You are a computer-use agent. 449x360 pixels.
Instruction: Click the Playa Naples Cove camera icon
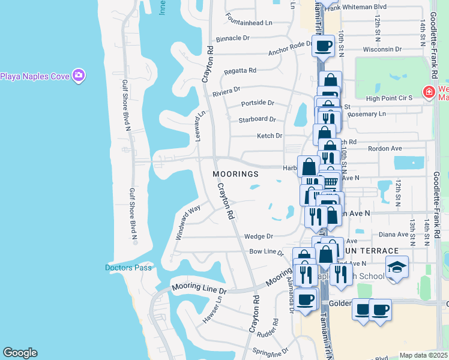click(78, 76)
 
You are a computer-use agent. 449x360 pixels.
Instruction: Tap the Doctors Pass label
click(128, 268)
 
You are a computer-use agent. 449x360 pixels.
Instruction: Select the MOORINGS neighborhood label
click(236, 174)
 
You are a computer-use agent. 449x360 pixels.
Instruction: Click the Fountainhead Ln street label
click(249, 22)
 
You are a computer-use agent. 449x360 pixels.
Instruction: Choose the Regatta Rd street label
click(240, 71)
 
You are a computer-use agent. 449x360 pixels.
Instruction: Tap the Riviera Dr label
click(226, 91)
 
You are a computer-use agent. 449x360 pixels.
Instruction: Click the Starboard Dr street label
click(257, 119)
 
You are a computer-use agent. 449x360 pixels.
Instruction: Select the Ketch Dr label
click(270, 136)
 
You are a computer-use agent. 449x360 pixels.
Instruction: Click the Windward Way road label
click(187, 223)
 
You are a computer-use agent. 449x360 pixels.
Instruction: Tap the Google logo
click(20, 353)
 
